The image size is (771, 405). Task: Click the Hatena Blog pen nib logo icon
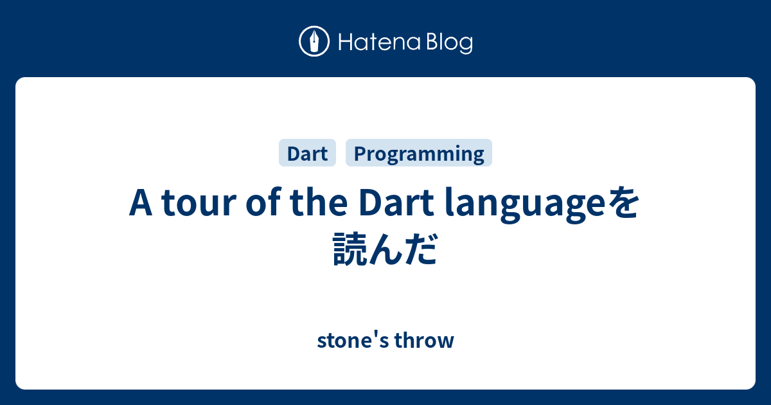pyautogui.click(x=314, y=41)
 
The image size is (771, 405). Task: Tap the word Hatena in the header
pyautogui.click(x=380, y=42)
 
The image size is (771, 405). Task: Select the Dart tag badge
pyautogui.click(x=307, y=152)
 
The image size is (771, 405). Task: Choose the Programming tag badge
pyautogui.click(x=418, y=152)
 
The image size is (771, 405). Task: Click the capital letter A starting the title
pyautogui.click(x=141, y=203)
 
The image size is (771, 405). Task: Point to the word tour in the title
pyautogui.click(x=199, y=204)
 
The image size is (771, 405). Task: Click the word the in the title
pyautogui.click(x=319, y=202)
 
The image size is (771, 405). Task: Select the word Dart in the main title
pyautogui.click(x=396, y=203)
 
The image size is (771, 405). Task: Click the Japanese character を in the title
pyautogui.click(x=623, y=203)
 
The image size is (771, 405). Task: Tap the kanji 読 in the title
pyautogui.click(x=350, y=249)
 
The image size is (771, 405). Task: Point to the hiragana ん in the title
pyautogui.click(x=385, y=249)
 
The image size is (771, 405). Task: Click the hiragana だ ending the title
pyautogui.click(x=421, y=249)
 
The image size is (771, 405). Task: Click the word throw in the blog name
pyautogui.click(x=424, y=340)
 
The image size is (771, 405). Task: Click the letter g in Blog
pyautogui.click(x=465, y=45)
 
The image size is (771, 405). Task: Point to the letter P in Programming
pyautogui.click(x=360, y=153)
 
